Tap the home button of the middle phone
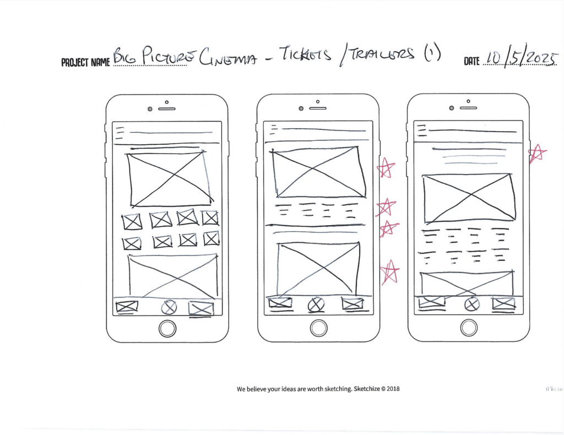(x=318, y=328)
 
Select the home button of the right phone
(x=469, y=328)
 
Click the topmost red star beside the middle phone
(x=386, y=168)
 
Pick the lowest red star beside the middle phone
(x=390, y=272)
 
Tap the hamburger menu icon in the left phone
(x=120, y=132)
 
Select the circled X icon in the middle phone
(x=316, y=304)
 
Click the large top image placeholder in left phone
(x=170, y=179)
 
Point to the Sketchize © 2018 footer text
(x=318, y=389)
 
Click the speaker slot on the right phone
(x=469, y=108)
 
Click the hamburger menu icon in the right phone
(x=421, y=130)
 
